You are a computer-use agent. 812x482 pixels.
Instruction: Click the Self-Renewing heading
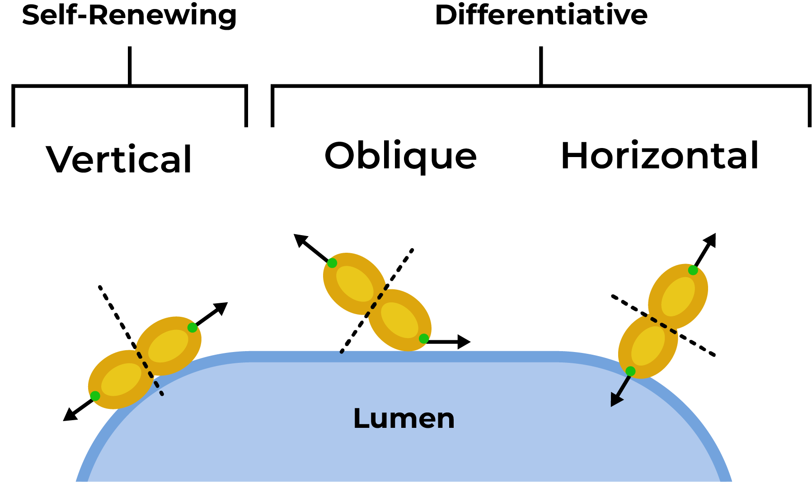coord(129,15)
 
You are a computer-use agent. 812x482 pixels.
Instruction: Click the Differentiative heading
coord(541,15)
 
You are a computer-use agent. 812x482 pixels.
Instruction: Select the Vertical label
coord(119,160)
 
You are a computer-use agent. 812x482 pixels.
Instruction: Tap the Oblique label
coord(400,156)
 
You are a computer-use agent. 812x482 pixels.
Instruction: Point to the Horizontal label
coord(659,156)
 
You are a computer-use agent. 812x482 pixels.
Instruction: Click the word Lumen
coord(404,418)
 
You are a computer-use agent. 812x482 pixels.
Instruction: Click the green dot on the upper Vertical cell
coord(192,328)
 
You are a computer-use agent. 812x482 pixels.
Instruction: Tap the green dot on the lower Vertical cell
coord(95,396)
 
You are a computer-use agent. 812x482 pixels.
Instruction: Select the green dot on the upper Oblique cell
coord(332,263)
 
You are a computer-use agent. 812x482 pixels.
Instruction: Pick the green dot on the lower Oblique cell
coord(423,338)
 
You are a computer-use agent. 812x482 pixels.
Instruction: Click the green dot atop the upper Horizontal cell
coord(693,270)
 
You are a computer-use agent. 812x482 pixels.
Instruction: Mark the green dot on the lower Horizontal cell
coord(630,371)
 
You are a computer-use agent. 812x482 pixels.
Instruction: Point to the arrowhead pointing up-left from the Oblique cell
coord(300,240)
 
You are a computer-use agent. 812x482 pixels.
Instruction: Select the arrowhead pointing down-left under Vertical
coord(69,415)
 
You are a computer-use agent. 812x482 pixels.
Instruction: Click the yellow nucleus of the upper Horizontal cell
coord(678,297)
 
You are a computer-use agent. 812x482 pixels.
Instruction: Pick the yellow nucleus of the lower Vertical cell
coord(121,379)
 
